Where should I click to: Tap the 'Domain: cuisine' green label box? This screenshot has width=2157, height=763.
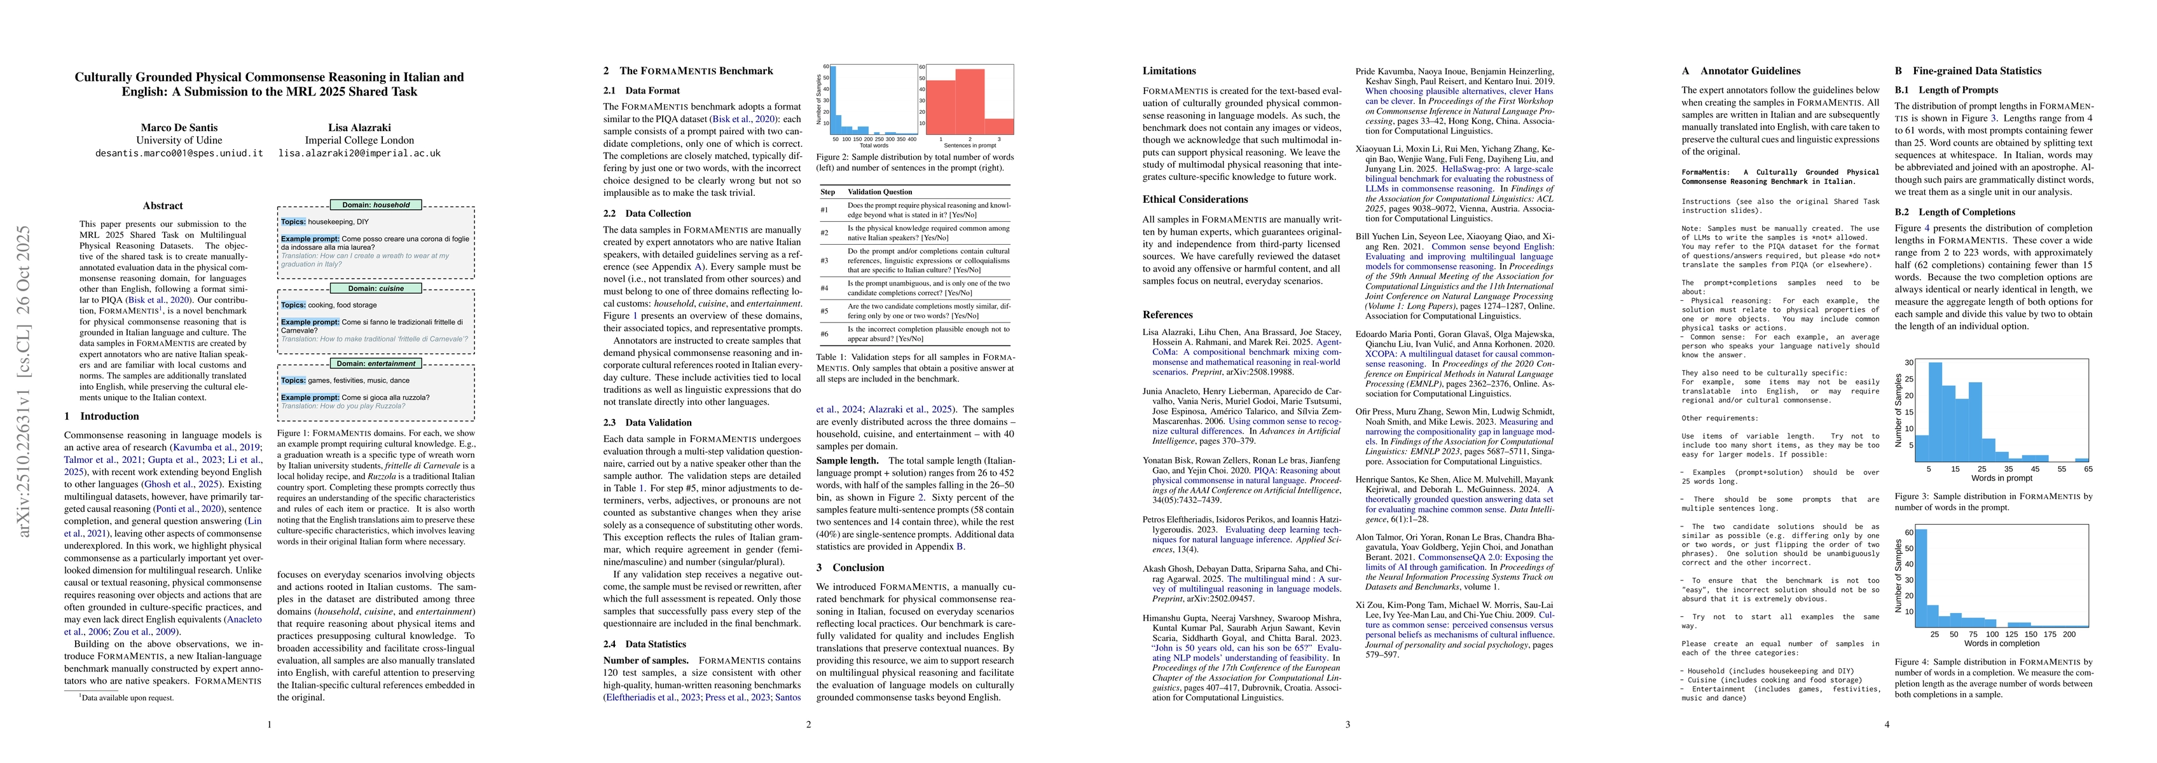tap(376, 288)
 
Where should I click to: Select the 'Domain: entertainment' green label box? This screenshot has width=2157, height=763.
tap(376, 364)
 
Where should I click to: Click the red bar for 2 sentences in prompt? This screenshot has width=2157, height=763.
tap(970, 100)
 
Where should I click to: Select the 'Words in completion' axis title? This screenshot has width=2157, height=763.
tap(2001, 643)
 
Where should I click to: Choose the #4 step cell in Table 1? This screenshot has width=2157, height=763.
tap(824, 288)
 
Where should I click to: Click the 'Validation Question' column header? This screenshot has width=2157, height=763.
tap(879, 192)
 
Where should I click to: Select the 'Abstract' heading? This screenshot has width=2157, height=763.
tap(162, 206)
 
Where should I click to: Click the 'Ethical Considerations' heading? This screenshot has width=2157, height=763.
tap(1195, 200)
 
